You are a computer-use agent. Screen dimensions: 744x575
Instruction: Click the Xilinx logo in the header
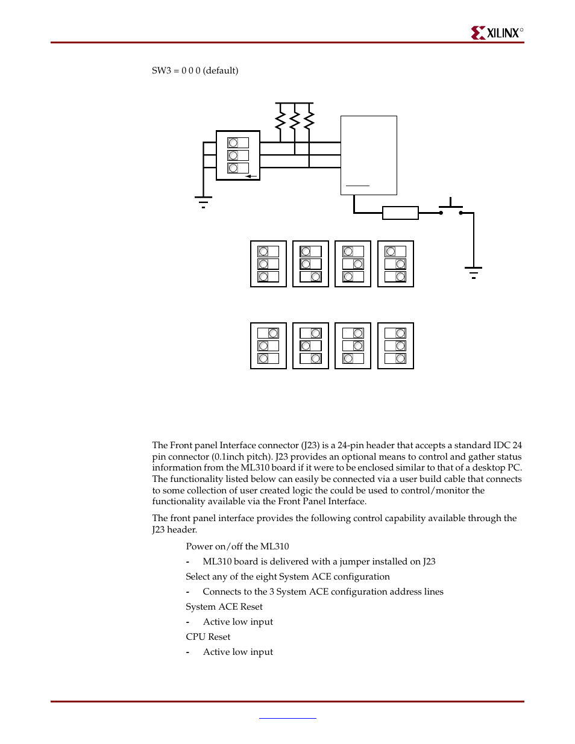coord(497,33)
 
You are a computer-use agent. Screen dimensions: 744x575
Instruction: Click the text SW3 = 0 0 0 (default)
coord(195,70)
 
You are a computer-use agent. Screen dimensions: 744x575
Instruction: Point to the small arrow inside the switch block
coord(251,177)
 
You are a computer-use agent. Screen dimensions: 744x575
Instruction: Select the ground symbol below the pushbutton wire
coord(473,272)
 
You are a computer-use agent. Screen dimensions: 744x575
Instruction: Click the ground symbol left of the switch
coord(203,202)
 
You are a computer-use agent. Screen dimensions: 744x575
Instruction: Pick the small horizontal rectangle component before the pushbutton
coord(400,213)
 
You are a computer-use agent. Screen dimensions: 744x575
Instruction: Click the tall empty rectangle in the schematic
coord(368,155)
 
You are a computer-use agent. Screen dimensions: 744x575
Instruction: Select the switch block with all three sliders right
coord(395,346)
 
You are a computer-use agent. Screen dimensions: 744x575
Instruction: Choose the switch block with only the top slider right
coord(268,346)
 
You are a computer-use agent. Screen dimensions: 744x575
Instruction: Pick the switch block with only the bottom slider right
coord(310,264)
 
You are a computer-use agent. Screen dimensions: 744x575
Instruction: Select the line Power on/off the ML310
coord(237,546)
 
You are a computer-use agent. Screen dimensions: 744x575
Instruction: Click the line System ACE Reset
coord(224,607)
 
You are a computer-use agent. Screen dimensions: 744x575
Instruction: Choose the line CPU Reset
coord(208,637)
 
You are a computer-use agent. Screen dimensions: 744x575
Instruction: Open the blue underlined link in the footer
coord(287,717)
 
